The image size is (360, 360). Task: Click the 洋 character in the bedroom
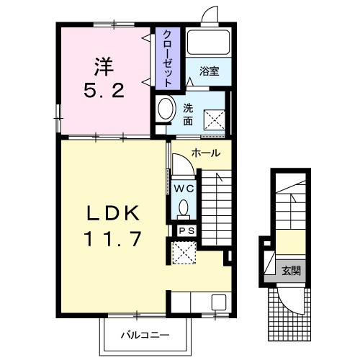pyautogui.click(x=104, y=67)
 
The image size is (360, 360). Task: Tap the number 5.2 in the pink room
pyautogui.click(x=104, y=90)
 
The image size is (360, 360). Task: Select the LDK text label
pyautogui.click(x=113, y=213)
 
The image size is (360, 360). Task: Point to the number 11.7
pyautogui.click(x=112, y=239)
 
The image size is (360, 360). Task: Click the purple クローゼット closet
pyautogui.click(x=168, y=58)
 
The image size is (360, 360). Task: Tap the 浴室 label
pyautogui.click(x=210, y=71)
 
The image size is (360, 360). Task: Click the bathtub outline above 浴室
pyautogui.click(x=208, y=42)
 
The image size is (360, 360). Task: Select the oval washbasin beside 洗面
pyautogui.click(x=166, y=109)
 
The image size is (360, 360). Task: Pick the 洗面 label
pyautogui.click(x=188, y=114)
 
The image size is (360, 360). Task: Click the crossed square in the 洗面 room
pyautogui.click(x=215, y=120)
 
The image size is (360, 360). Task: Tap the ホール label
pyautogui.click(x=206, y=153)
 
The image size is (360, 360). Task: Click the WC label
pyautogui.click(x=184, y=189)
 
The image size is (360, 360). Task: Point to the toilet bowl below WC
pyautogui.click(x=184, y=207)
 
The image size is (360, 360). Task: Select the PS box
pyautogui.click(x=187, y=231)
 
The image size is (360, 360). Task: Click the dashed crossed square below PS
pyautogui.click(x=184, y=253)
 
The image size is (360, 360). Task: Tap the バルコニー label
pyautogui.click(x=145, y=335)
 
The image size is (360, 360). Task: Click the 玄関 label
pyautogui.click(x=291, y=271)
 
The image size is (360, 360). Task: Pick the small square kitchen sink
pyautogui.click(x=219, y=302)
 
